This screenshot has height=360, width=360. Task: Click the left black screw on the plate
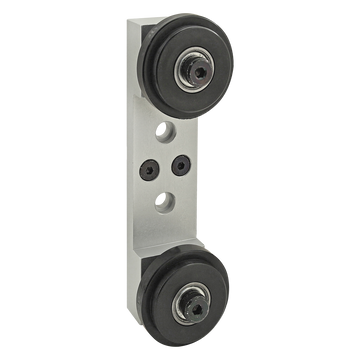click(x=153, y=167)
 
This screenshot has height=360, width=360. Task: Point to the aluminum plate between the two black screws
click(x=168, y=167)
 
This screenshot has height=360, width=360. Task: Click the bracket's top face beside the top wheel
click(x=138, y=24)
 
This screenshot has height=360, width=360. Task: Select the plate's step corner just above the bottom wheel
click(x=199, y=240)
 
